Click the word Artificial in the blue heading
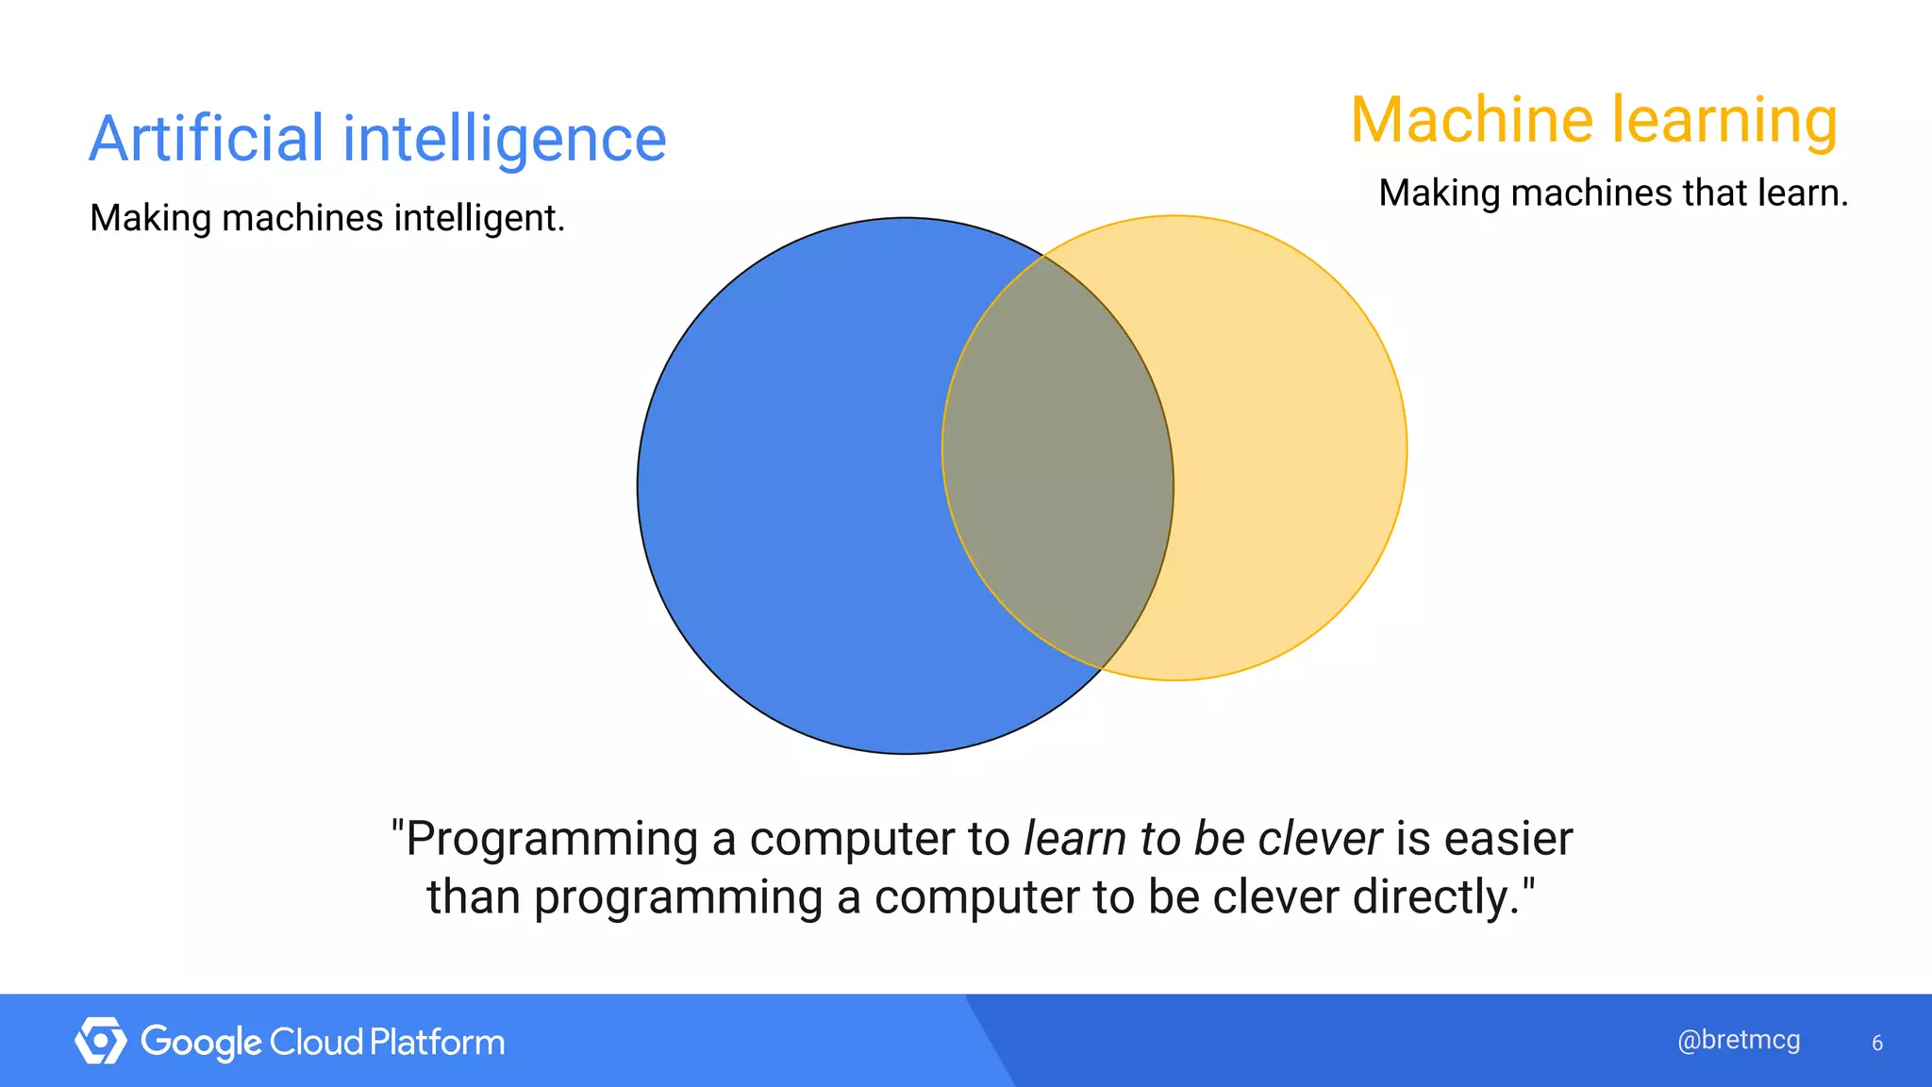point(207,139)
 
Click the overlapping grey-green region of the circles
point(1057,462)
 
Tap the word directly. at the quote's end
point(1439,896)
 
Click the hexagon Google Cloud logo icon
point(100,1041)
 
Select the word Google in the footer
point(201,1043)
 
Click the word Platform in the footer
point(437,1042)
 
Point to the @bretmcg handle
point(1739,1040)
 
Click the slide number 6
point(1876,1043)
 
